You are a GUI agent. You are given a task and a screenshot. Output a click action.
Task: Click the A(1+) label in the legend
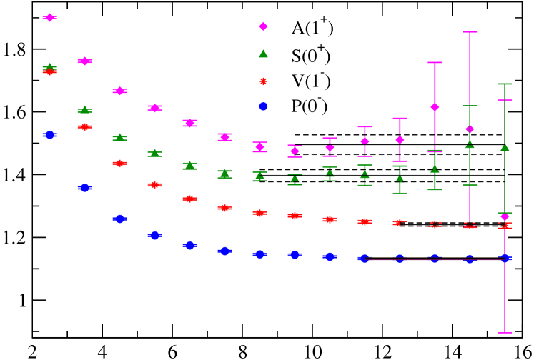pos(312,27)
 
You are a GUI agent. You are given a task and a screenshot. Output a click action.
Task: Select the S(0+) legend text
pos(310,54)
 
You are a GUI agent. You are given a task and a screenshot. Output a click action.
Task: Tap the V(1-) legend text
pos(310,81)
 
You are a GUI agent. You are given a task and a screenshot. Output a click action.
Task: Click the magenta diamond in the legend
pos(263,26)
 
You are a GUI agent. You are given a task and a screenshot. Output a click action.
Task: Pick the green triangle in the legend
pos(263,54)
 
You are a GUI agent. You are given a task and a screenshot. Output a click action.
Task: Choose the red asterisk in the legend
pos(263,80)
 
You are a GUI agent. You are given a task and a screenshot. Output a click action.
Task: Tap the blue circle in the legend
pos(263,106)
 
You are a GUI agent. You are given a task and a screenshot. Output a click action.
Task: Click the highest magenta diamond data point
pos(49,17)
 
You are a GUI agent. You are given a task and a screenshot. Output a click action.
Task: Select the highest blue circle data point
pos(49,134)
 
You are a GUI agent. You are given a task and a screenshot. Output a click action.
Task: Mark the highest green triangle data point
pos(49,66)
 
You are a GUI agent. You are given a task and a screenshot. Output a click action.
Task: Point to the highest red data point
pos(49,71)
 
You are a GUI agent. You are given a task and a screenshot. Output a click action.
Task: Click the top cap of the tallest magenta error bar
pos(470,32)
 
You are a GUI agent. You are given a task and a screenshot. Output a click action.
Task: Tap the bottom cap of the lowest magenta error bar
pos(505,332)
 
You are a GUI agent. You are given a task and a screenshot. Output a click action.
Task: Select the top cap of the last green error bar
pos(505,84)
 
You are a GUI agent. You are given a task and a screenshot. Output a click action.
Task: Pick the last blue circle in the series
pos(505,258)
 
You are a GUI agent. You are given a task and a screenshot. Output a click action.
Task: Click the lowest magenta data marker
pos(505,217)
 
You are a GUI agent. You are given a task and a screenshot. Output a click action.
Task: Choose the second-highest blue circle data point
pos(84,187)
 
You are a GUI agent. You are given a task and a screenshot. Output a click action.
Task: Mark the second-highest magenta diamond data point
pos(84,61)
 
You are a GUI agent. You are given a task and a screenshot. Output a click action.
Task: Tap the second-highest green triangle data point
pos(84,109)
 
